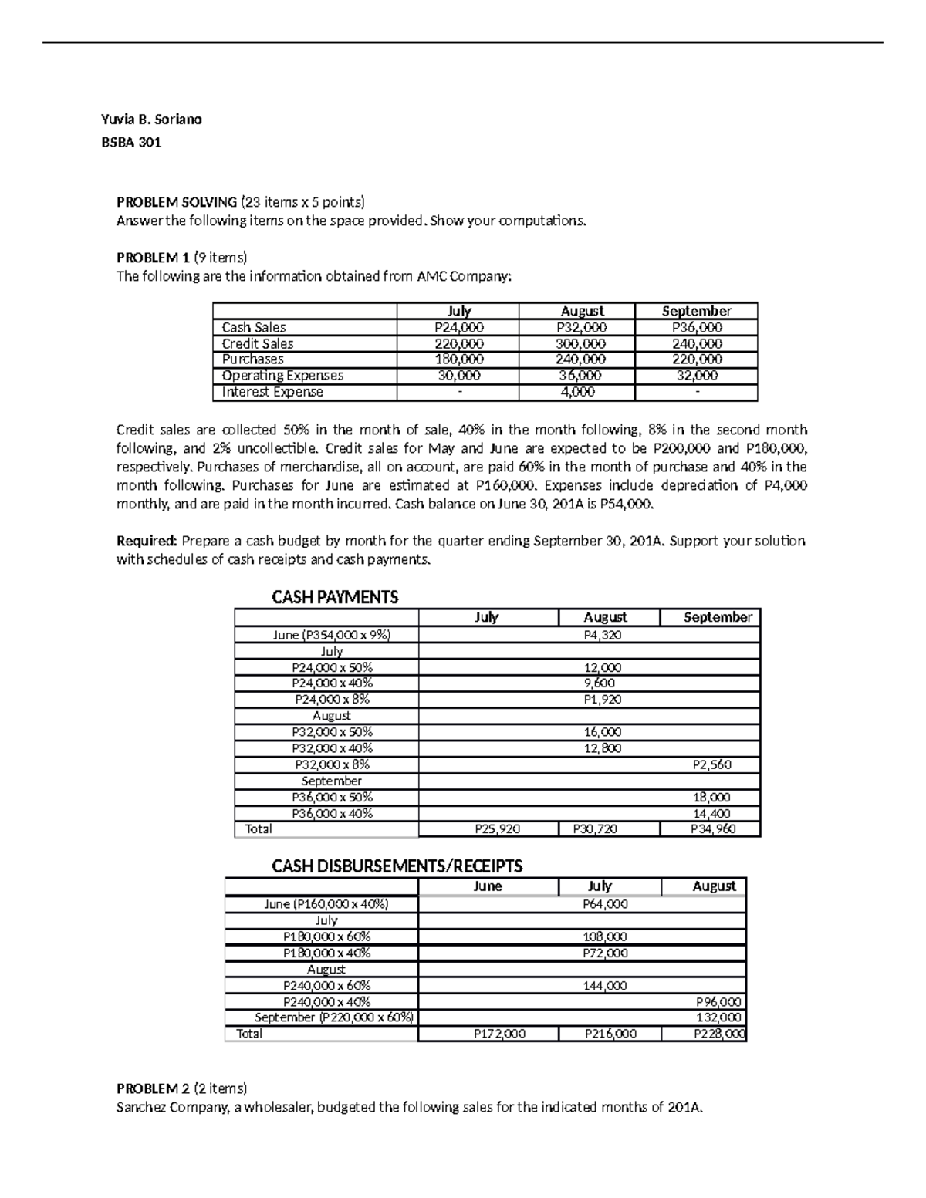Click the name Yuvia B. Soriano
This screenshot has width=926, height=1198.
tap(151, 120)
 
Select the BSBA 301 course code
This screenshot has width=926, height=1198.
tap(131, 143)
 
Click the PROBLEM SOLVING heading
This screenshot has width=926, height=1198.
tap(177, 202)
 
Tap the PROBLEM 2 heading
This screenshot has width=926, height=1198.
tap(153, 1088)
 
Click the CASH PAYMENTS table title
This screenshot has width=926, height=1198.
tap(335, 597)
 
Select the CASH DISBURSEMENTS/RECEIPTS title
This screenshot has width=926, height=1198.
tap(397, 866)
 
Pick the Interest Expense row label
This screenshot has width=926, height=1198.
tap(272, 392)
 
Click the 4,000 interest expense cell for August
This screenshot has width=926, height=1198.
tap(577, 392)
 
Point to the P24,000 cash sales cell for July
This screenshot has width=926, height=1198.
tap(459, 327)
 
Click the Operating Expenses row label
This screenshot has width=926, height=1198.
tap(282, 376)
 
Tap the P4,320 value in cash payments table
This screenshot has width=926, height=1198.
tap(603, 635)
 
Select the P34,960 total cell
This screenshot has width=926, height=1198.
tap(713, 829)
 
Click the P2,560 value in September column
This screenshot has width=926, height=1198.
tap(711, 764)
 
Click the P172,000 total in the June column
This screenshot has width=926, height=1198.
tap(499, 1034)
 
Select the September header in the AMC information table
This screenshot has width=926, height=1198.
tap(697, 311)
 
